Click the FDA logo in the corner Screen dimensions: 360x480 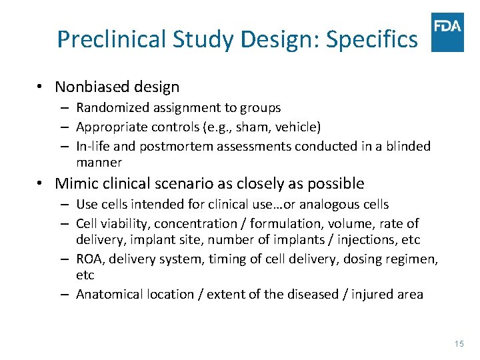click(x=447, y=32)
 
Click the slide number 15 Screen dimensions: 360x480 click(x=458, y=343)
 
